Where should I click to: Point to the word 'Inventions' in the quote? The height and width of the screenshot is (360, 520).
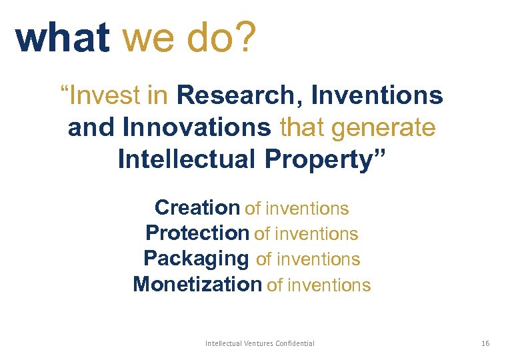click(x=377, y=96)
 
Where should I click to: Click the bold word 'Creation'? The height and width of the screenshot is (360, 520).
click(x=197, y=208)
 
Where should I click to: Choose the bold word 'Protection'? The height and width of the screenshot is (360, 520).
click(x=197, y=233)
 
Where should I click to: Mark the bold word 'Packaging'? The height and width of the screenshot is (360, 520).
click(x=196, y=259)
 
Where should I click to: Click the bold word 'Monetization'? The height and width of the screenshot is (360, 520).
click(x=197, y=285)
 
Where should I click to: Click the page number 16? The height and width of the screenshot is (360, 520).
click(x=485, y=343)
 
